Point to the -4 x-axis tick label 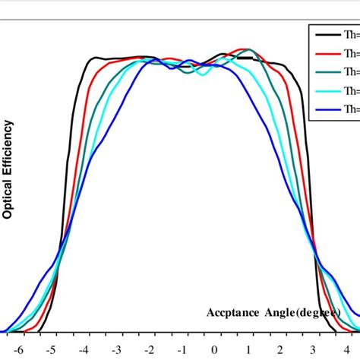coord(84,351)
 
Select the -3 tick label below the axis coord(115,351)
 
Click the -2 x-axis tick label coord(148,351)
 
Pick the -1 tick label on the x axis coord(180,351)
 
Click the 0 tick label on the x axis coord(214,351)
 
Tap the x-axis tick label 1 coord(246,351)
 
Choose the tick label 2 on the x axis coord(278,351)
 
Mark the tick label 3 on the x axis coord(310,351)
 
